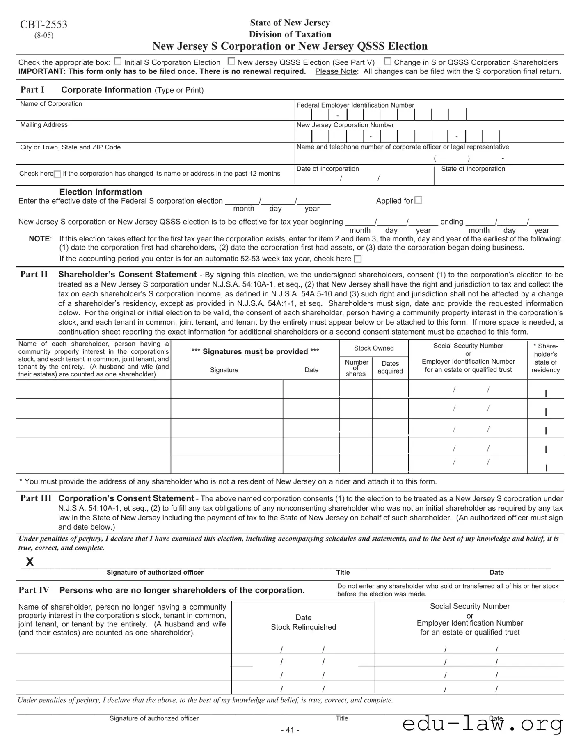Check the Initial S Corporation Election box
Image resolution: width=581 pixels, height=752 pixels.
click(117, 62)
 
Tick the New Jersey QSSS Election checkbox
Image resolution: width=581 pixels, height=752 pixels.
click(231, 62)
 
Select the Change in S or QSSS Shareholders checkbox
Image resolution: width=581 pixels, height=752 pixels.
click(387, 62)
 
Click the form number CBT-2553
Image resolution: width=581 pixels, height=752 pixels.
click(43, 25)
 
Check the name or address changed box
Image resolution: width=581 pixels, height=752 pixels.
click(57, 174)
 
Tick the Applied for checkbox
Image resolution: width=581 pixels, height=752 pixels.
click(418, 200)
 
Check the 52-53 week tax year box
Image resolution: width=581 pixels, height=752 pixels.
click(358, 259)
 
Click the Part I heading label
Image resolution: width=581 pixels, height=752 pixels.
click(32, 90)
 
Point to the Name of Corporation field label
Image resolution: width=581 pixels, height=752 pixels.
click(51, 104)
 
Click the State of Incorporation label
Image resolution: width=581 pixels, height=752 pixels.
click(473, 169)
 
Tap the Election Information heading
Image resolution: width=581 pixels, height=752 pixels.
click(101, 192)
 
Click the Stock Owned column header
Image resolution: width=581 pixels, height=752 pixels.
click(374, 348)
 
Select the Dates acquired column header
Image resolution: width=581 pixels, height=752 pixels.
click(390, 367)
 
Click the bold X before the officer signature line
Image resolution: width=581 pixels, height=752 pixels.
click(30, 562)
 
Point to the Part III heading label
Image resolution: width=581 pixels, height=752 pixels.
click(36, 498)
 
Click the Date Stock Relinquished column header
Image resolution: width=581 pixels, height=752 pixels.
click(303, 622)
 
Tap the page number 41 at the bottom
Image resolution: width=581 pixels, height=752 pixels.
click(290, 730)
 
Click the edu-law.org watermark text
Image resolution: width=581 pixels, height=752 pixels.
click(482, 723)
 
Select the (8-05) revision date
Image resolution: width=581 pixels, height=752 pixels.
click(43, 35)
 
